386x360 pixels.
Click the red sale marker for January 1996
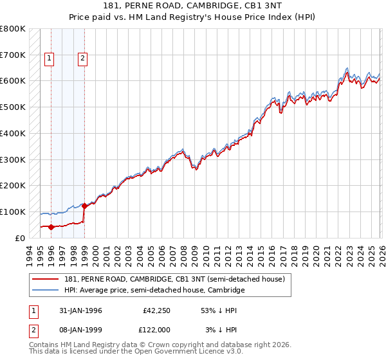tap(51, 226)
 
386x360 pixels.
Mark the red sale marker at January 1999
tap(84, 206)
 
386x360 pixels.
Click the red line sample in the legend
tap(46, 279)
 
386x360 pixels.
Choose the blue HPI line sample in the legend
tap(46, 290)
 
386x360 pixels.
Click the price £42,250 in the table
tap(156, 310)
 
